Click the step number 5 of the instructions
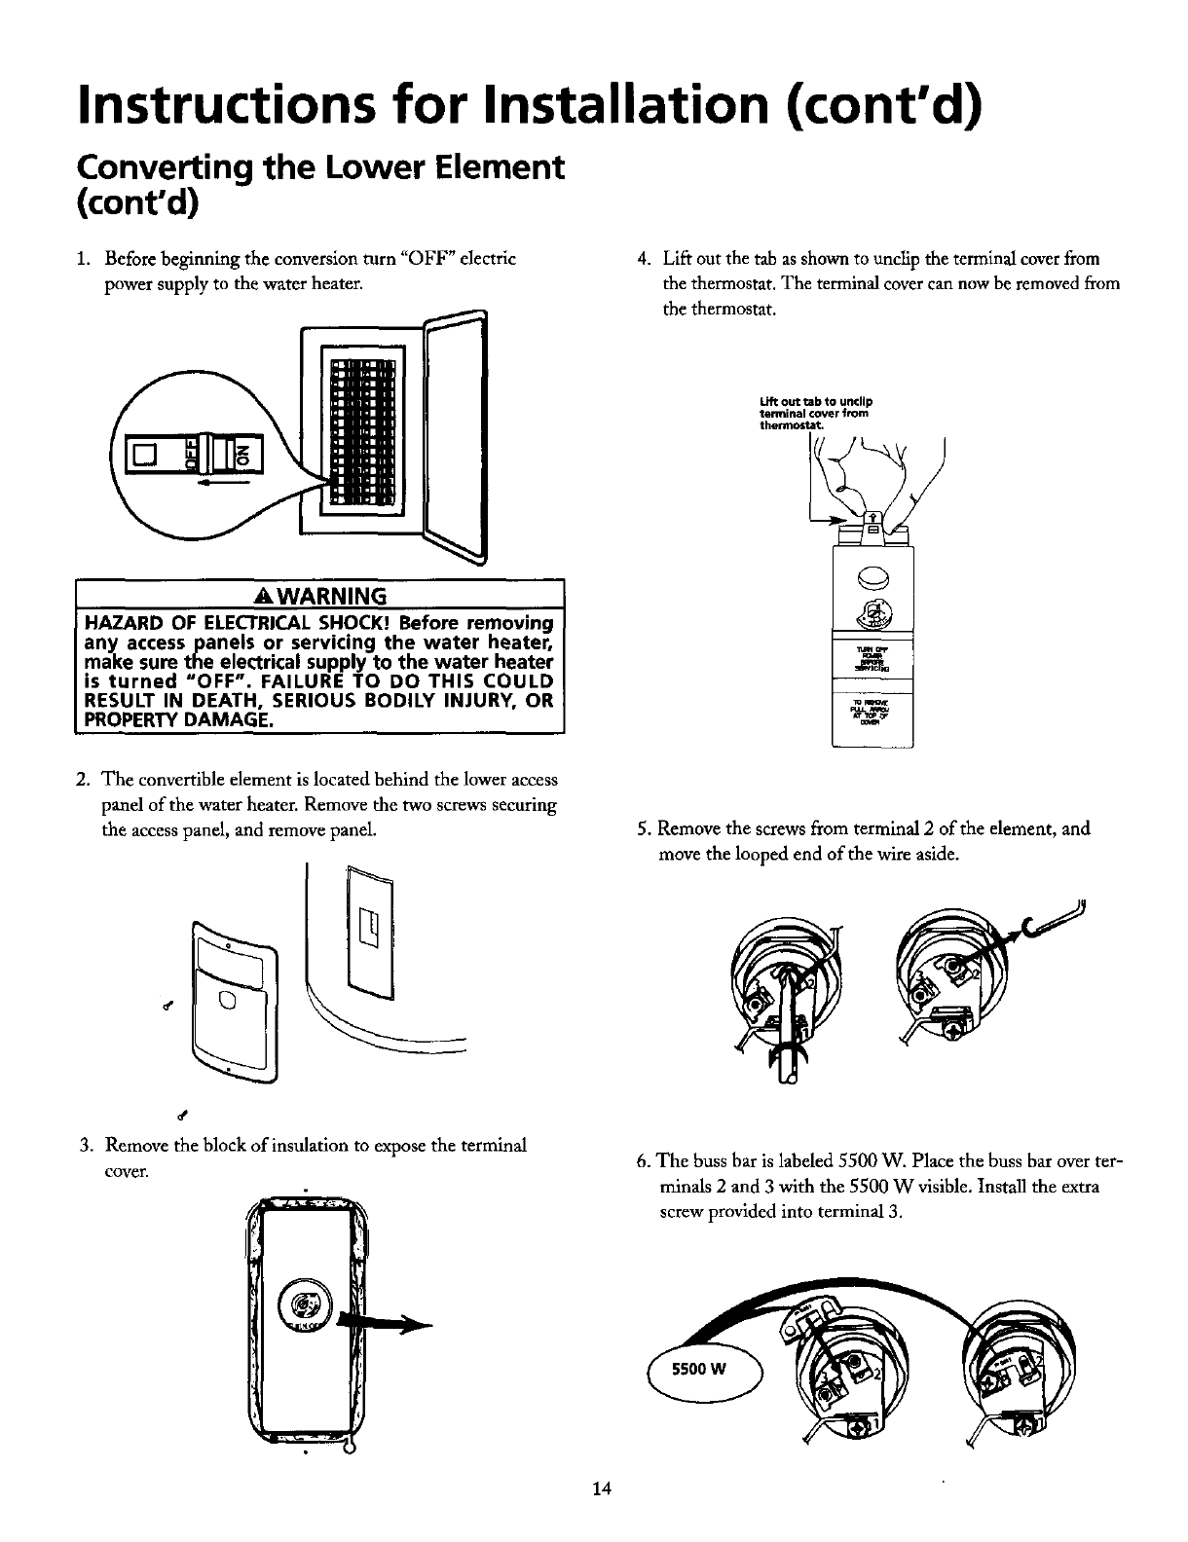[x=642, y=828]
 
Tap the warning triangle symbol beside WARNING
[x=289, y=596]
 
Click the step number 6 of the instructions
[x=643, y=1165]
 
